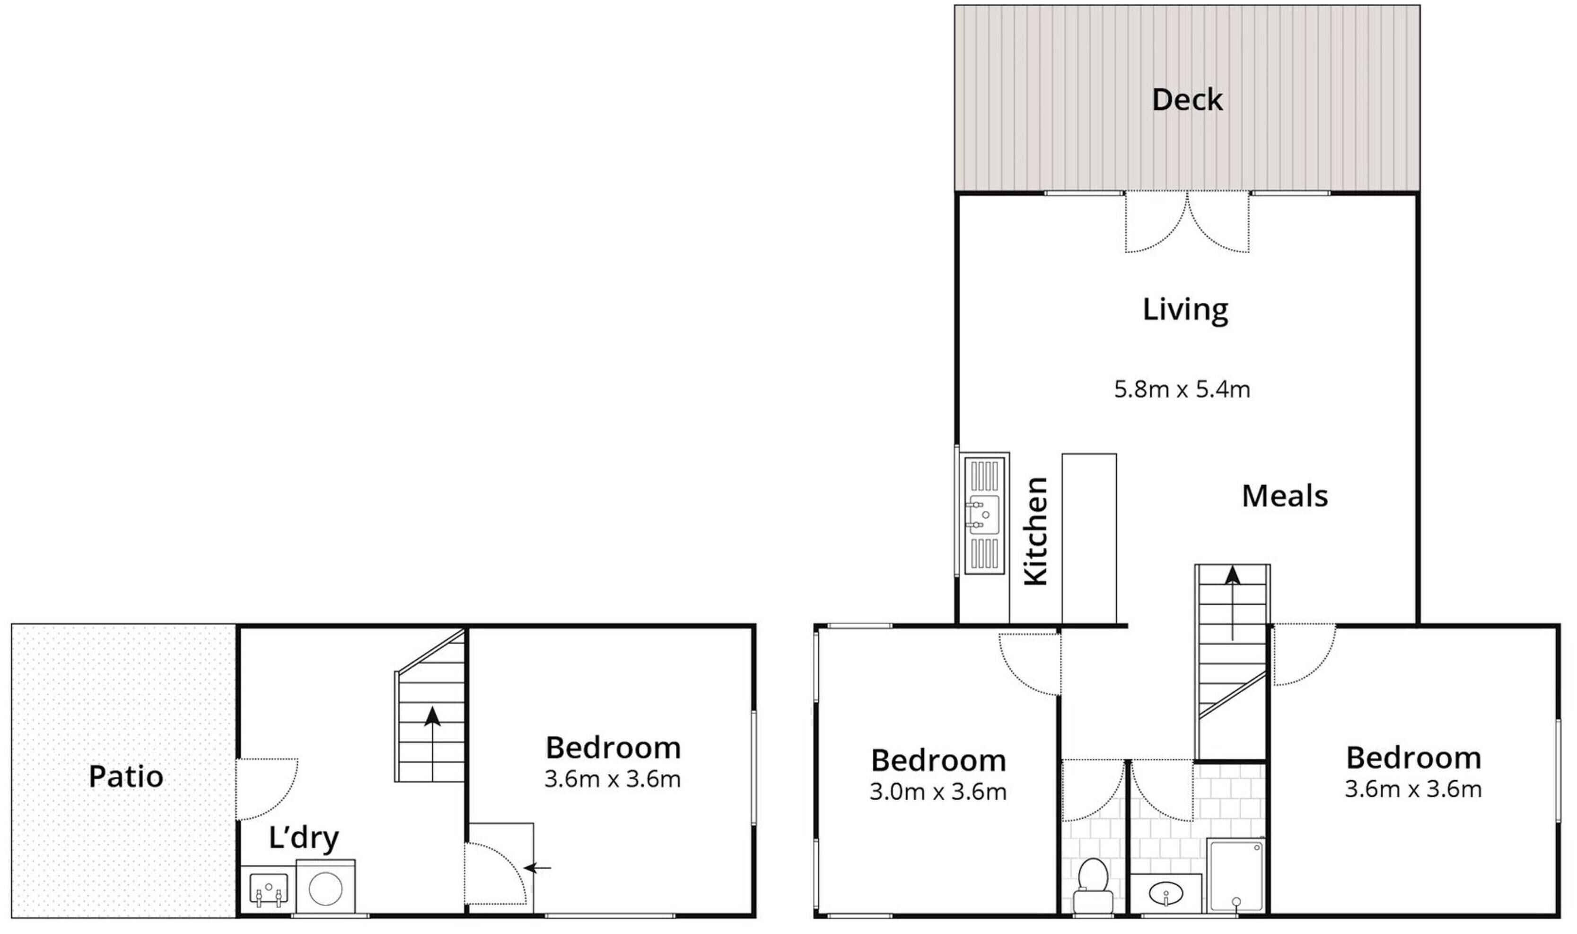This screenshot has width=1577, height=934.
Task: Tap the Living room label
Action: pos(1185,310)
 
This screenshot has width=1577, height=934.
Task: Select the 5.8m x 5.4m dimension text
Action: pos(1182,390)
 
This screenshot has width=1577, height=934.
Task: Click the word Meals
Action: pos(1284,496)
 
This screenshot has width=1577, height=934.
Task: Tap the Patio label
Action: pos(126,777)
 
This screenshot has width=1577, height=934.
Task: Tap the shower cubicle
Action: pos(1235,875)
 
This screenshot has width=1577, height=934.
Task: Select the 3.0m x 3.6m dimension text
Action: pos(938,792)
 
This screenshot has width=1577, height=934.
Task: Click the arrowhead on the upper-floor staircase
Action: pos(1232,575)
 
